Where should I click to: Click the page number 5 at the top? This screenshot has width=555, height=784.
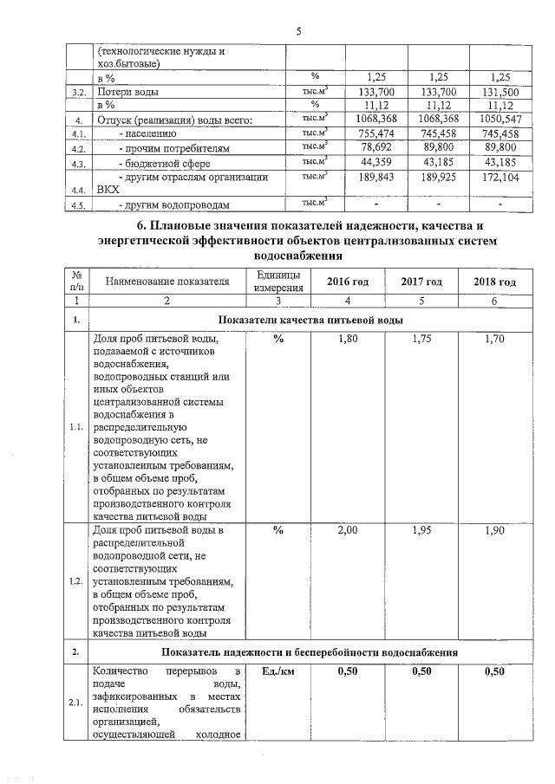point(297,32)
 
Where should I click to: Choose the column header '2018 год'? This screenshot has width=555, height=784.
point(495,282)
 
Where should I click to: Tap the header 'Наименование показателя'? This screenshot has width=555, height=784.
point(167,282)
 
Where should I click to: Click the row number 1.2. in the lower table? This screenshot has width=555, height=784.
point(77,580)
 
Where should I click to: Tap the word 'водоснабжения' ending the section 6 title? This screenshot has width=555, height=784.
point(297,256)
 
